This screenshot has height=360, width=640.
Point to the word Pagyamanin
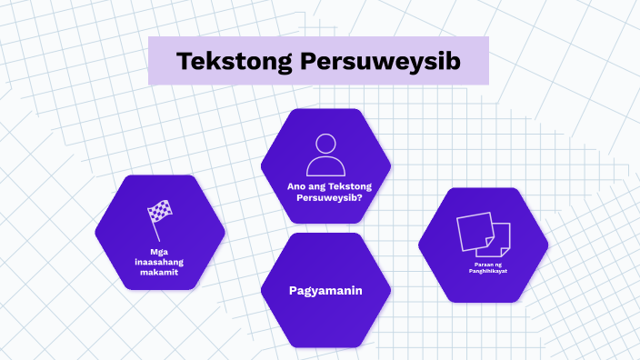(325, 291)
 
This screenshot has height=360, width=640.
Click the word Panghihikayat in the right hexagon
(483, 271)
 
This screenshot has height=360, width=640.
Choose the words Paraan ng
(483, 264)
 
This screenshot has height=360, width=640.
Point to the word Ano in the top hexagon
(295, 186)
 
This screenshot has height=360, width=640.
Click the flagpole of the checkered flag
(154, 223)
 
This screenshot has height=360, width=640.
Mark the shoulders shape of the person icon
(325, 167)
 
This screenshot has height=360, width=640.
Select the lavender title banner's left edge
(152, 61)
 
